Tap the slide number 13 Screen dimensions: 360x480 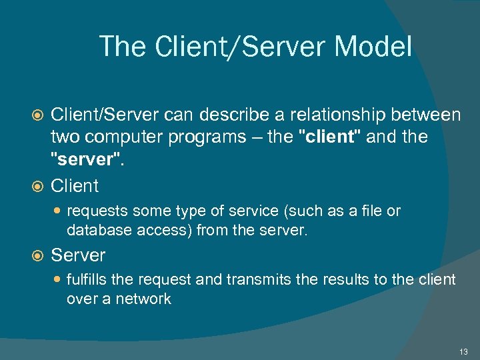point(463,351)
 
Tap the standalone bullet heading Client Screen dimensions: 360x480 point(75,185)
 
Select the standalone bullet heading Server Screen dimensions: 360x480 point(78,255)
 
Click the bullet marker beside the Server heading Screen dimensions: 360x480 point(38,255)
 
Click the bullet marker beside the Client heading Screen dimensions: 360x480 point(38,186)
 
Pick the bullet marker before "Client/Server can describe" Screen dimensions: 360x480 point(38,116)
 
